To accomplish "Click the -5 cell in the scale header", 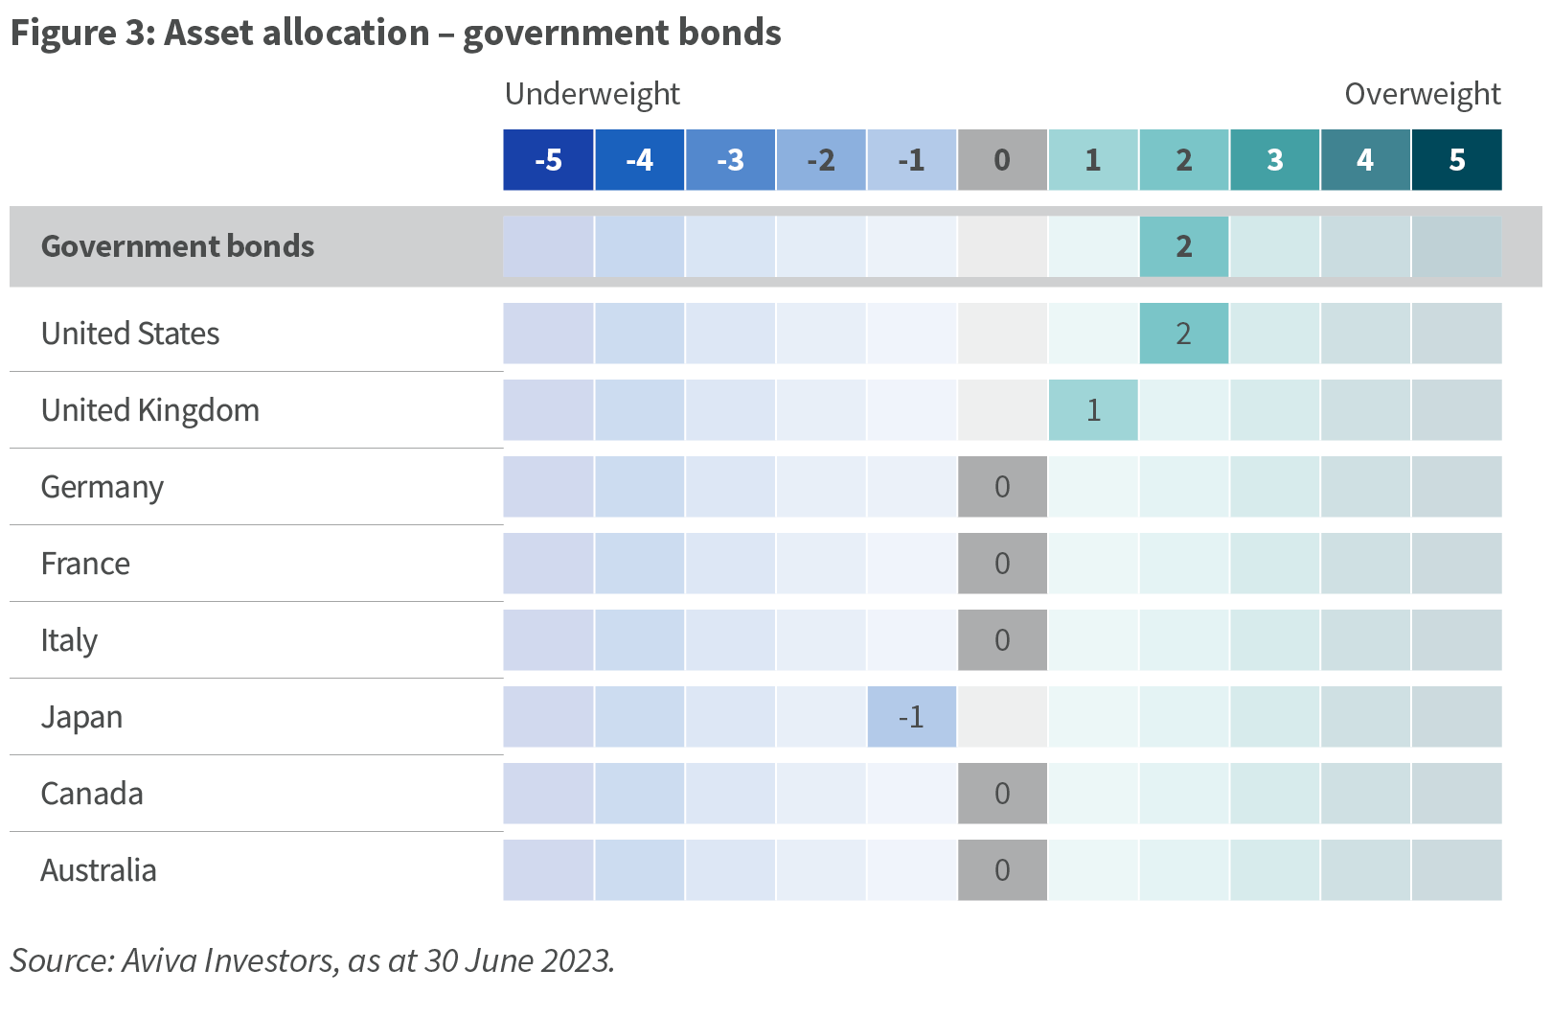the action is click(x=548, y=159).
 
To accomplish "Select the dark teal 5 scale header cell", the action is click(x=1456, y=159).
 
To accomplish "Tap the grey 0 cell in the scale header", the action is click(x=1002, y=159).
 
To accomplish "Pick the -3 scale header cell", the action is click(x=730, y=159).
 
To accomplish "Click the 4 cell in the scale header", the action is click(x=1365, y=159).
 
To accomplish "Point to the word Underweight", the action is click(x=592, y=94).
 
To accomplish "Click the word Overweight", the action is click(x=1423, y=94).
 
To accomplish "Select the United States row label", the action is click(x=130, y=334).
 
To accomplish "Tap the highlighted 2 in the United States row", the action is click(x=1183, y=334).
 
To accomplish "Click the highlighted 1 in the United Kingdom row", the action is click(x=1093, y=410).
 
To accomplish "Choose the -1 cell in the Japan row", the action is click(x=911, y=717).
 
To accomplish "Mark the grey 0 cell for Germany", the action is click(x=1002, y=487).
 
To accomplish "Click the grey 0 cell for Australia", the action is click(x=1002, y=869).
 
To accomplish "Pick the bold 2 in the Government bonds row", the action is click(x=1183, y=246).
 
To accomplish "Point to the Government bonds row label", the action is click(x=177, y=246).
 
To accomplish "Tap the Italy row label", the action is click(x=69, y=640).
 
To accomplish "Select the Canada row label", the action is click(x=92, y=794).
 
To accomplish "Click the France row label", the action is click(x=85, y=564).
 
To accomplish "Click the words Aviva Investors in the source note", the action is click(x=230, y=960).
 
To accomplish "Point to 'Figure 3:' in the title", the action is click(x=83, y=34).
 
